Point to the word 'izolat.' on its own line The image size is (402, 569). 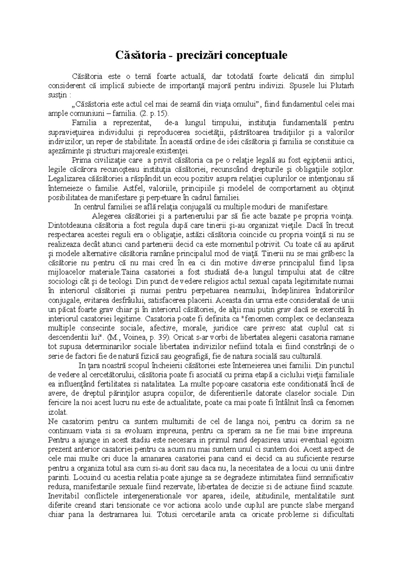click(x=58, y=412)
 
